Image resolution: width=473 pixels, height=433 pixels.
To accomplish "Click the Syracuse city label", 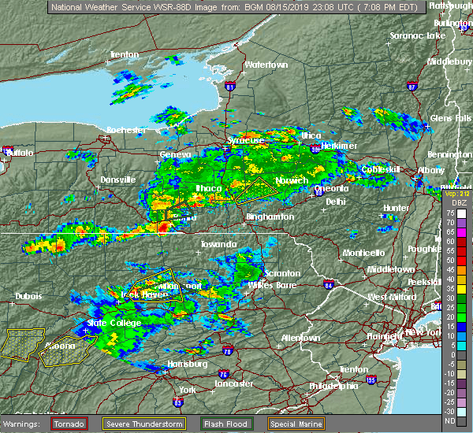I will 245,140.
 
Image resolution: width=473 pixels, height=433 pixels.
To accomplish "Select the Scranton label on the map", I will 281,273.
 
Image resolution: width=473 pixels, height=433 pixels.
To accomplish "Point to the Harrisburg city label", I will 188,364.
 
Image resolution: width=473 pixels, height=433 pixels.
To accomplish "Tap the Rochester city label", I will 126,129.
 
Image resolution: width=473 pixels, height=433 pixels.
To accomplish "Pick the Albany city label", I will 430,170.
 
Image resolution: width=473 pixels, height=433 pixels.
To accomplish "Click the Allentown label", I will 300,338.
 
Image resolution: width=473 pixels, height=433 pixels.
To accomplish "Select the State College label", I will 115,323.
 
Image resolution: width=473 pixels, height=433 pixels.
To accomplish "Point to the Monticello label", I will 363,253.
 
